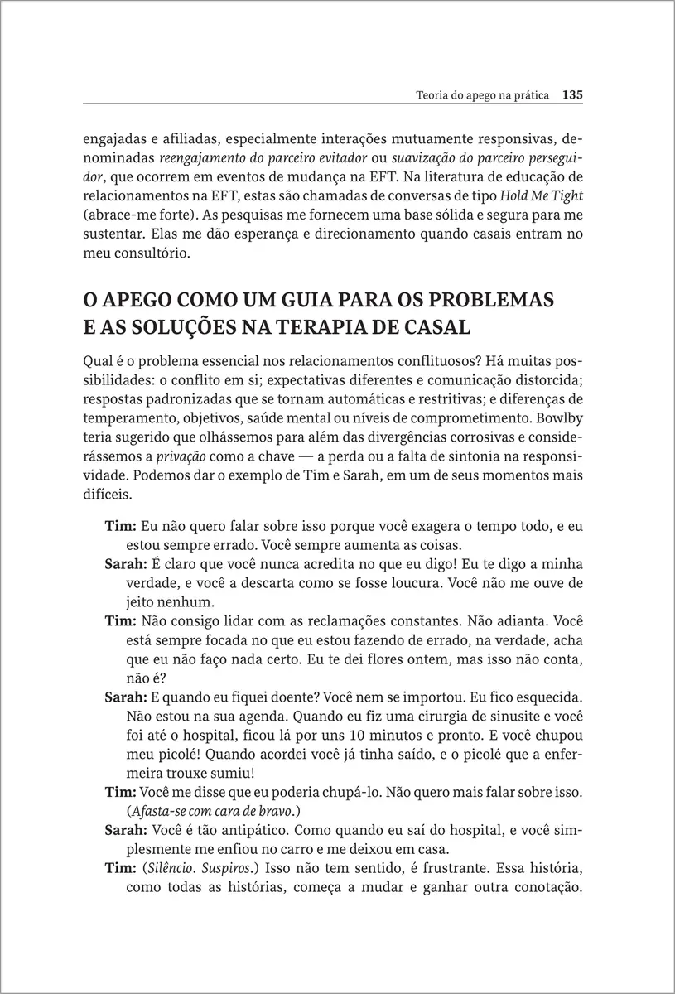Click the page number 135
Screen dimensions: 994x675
[x=573, y=95]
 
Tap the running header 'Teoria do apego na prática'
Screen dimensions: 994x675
[x=484, y=95]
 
